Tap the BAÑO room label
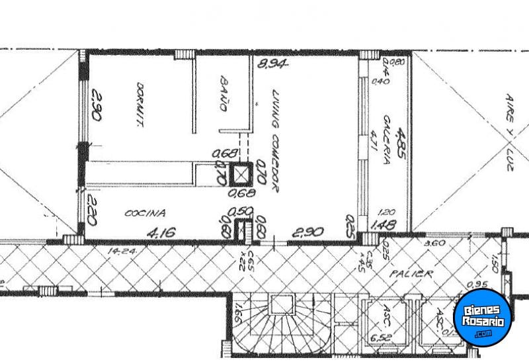[x=224, y=94]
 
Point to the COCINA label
[x=145, y=213]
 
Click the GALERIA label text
[x=387, y=136]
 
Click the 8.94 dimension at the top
[x=273, y=64]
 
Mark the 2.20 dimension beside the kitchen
[x=93, y=212]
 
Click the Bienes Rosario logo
[x=483, y=316]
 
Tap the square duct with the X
[x=241, y=174]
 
